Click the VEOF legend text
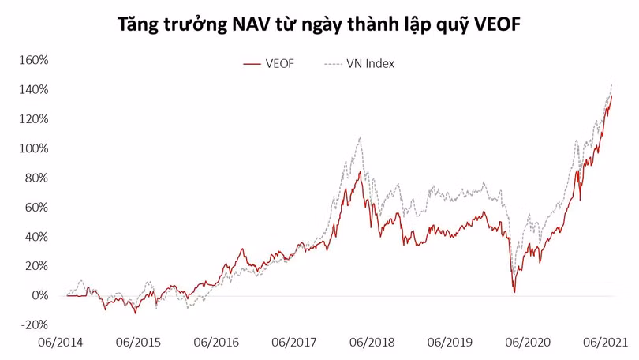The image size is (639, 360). (x=280, y=63)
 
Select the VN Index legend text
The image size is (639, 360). (x=370, y=63)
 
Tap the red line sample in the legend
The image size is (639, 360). (x=252, y=63)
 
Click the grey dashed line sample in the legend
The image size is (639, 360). (x=333, y=63)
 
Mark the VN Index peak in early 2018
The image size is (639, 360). (x=361, y=137)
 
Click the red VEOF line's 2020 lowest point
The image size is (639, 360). (x=514, y=292)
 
